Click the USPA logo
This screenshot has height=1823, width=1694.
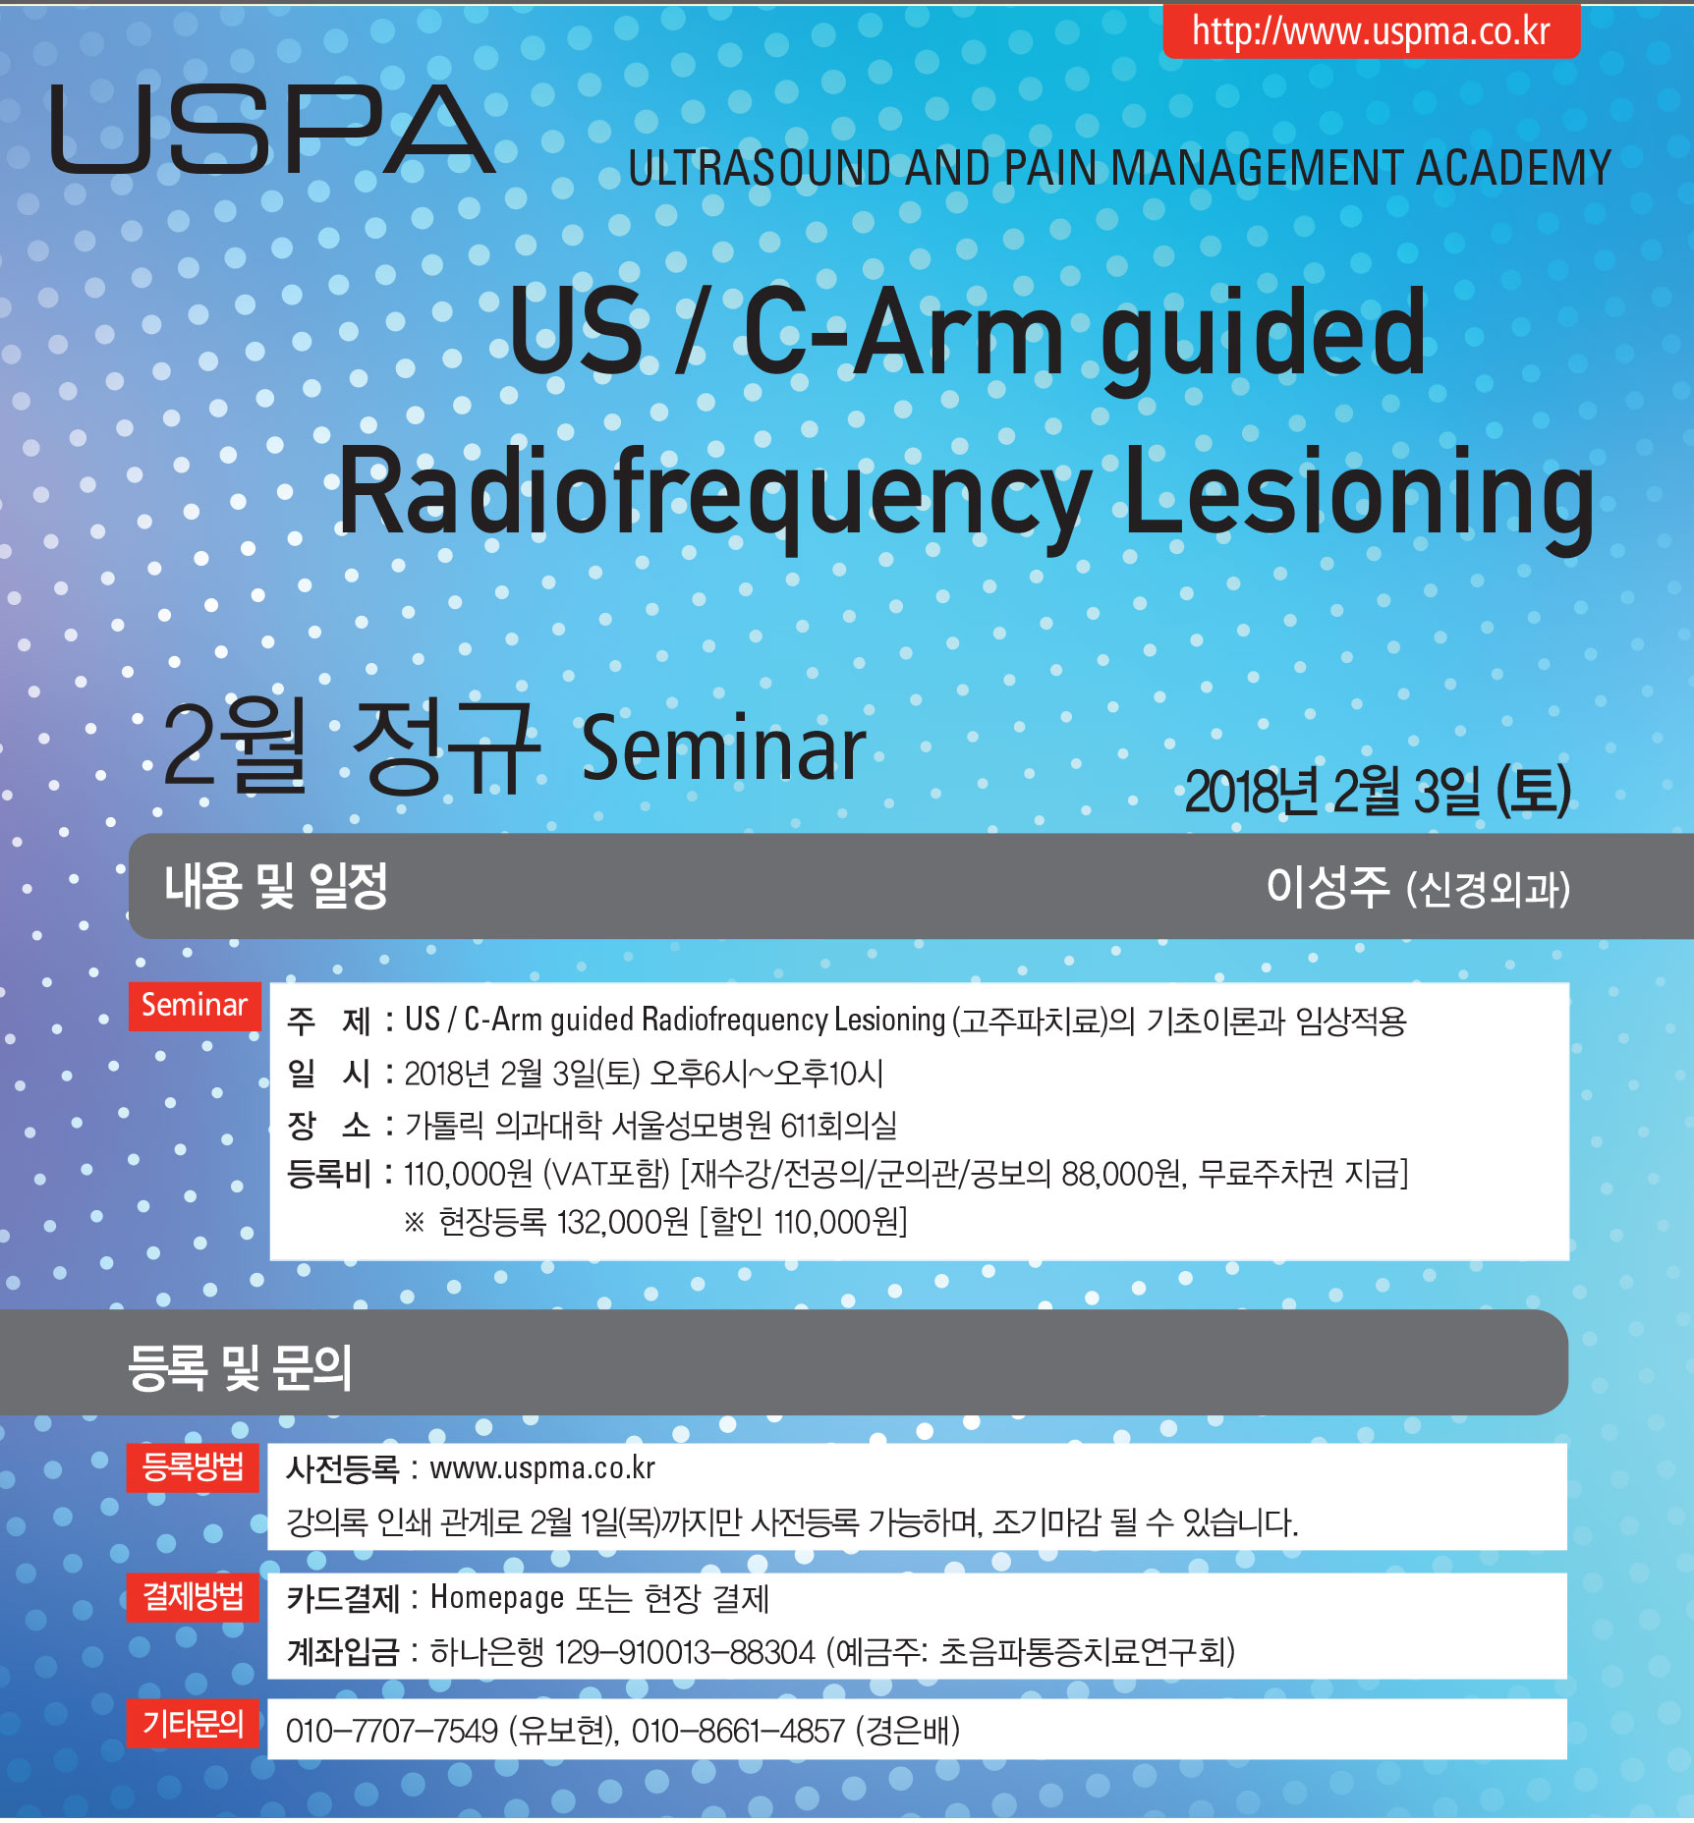[x=272, y=129]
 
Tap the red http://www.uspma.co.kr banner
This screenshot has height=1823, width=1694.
[x=1371, y=30]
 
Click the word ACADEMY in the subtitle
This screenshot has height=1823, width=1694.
[x=1513, y=168]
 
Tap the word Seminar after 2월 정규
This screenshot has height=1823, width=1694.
[x=724, y=748]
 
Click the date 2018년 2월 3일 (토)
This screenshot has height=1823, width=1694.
[x=1378, y=791]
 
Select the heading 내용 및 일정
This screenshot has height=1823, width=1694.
[x=276, y=886]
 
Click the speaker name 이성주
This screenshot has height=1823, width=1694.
[x=1327, y=887]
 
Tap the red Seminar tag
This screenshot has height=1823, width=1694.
[x=195, y=1005]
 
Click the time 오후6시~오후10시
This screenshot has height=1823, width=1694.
[x=767, y=1074]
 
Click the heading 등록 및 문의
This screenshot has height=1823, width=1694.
[x=240, y=1366]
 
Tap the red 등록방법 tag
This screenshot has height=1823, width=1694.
[x=193, y=1466]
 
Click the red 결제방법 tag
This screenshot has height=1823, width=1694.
[x=193, y=1596]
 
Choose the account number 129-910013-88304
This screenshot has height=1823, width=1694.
[x=685, y=1652]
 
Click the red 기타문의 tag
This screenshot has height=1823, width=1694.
[x=193, y=1723]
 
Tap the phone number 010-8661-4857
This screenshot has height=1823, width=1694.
[x=738, y=1731]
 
